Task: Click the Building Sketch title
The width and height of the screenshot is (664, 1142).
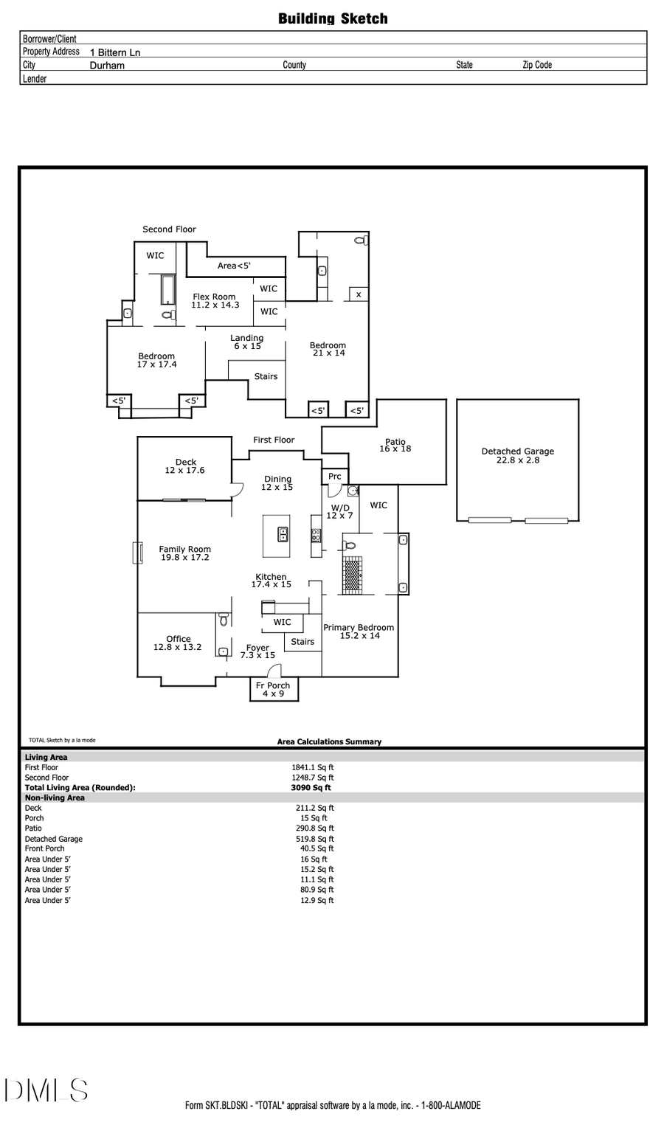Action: pos(333,19)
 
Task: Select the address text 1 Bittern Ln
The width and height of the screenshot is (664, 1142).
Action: pos(115,52)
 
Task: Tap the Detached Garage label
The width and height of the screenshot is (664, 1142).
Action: pos(517,456)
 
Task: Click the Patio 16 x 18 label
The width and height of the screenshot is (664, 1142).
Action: pos(395,446)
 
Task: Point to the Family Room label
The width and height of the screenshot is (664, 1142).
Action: pos(184,553)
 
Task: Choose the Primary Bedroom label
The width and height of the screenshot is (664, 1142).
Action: pos(359,631)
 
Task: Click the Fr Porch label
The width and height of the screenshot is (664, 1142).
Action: pos(273,689)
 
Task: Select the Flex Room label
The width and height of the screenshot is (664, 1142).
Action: pos(215,301)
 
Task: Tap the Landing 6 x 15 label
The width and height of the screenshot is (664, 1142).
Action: pos(246,342)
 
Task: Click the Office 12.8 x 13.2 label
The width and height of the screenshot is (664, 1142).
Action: pos(178,643)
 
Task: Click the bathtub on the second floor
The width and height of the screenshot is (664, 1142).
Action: pos(167,289)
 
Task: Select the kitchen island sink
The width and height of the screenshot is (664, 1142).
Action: pos(283,534)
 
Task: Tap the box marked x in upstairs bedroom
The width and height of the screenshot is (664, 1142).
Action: pos(359,294)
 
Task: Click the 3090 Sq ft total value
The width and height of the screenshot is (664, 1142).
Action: pos(311,788)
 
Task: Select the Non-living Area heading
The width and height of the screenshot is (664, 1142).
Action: pos(55,797)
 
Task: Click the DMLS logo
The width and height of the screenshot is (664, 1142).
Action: pos(46,1090)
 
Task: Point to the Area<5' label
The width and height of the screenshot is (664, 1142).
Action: pos(234,266)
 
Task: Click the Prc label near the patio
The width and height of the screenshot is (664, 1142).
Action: pos(334,477)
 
